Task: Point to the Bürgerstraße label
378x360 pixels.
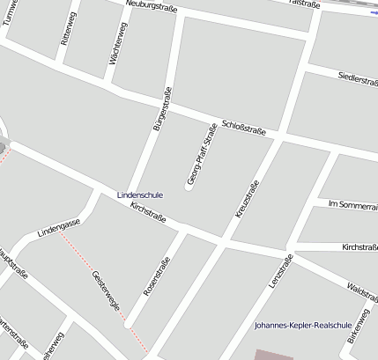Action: (x=161, y=111)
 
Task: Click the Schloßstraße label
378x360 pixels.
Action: (x=244, y=128)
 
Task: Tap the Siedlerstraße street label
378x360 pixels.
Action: (x=357, y=80)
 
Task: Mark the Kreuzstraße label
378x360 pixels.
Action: (x=248, y=200)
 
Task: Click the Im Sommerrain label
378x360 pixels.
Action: (x=352, y=203)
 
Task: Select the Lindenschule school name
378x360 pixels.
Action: (x=139, y=194)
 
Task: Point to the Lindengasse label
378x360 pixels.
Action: (x=59, y=230)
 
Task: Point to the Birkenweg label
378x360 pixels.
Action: (x=359, y=327)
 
